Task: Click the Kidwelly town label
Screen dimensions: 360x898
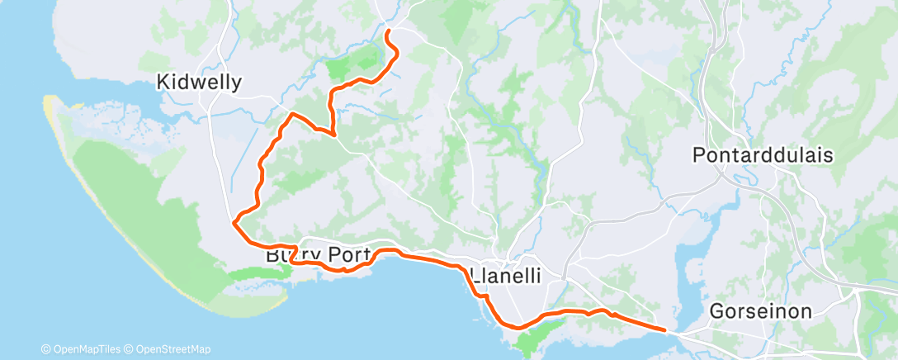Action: pyautogui.click(x=200, y=82)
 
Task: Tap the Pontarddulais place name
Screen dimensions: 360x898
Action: pyautogui.click(x=763, y=155)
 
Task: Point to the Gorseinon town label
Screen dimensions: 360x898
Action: pyautogui.click(x=761, y=311)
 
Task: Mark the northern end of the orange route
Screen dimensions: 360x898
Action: pyautogui.click(x=387, y=31)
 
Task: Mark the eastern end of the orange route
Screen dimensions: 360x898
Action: pyautogui.click(x=664, y=330)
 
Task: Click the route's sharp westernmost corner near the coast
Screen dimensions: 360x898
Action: pyautogui.click(x=234, y=221)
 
